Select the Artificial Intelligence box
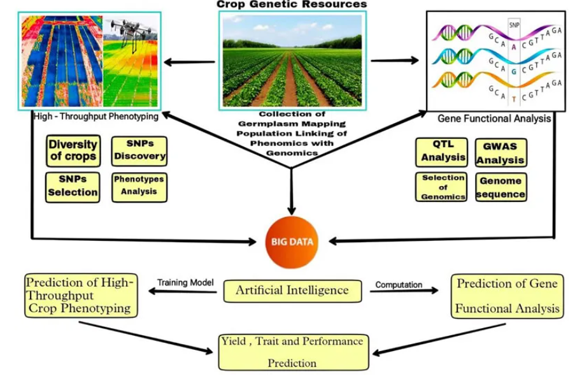(x=292, y=291)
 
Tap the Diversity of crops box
(x=73, y=150)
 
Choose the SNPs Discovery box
(x=139, y=150)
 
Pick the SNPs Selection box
(x=73, y=186)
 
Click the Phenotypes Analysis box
(x=139, y=186)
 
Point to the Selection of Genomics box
(x=441, y=187)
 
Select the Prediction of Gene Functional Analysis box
(x=507, y=296)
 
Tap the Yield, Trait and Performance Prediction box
(x=292, y=352)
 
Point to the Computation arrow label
(x=399, y=284)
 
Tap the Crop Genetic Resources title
(x=292, y=4)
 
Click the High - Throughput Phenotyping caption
(x=96, y=117)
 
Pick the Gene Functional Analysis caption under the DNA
(x=494, y=119)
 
